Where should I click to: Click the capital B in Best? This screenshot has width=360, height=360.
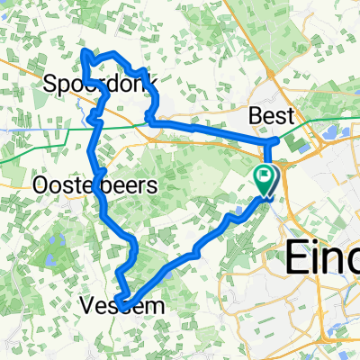click(255, 116)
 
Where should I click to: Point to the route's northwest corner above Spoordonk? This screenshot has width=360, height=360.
click(85, 53)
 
